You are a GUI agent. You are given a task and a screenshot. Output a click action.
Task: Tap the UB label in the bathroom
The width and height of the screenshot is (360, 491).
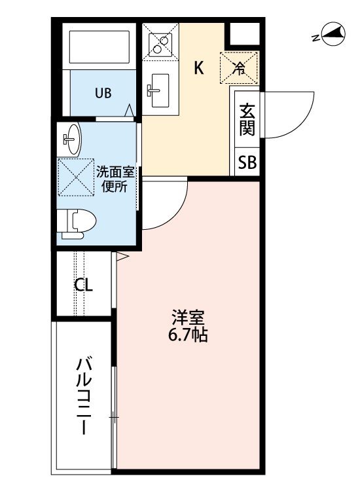pos(103,93)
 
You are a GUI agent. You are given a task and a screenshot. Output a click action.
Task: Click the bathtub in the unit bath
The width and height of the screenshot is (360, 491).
pos(99,47)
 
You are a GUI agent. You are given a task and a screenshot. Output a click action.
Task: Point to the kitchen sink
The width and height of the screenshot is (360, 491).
pos(160,90)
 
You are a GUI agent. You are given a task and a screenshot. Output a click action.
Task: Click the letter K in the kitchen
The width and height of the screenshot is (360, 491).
pos(199,67)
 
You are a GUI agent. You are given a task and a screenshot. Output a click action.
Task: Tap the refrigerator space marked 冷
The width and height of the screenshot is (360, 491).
pos(239,68)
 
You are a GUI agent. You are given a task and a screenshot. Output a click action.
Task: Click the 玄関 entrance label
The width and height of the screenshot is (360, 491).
pos(247,119)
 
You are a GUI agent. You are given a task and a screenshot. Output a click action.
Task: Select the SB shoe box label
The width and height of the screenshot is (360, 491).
pos(247,162)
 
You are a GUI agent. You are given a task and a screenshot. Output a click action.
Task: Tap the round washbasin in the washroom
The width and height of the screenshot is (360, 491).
pos(72,139)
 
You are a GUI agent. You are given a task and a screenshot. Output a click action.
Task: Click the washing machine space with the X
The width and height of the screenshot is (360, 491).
pos(76,177)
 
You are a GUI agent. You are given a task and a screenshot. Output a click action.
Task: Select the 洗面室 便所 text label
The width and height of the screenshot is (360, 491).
pos(115,179)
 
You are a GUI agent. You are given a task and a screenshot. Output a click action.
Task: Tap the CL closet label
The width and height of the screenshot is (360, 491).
pos(84,285)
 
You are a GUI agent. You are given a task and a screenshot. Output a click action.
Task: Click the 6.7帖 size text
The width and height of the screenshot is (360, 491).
pos(188,335)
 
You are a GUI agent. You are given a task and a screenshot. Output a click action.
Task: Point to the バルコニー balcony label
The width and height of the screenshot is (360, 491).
pos(84,397)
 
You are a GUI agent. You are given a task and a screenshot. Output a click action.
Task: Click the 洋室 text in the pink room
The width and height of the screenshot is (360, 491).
pos(188,318)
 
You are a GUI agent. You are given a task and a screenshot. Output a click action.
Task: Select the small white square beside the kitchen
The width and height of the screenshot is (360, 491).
pos(244,33)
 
